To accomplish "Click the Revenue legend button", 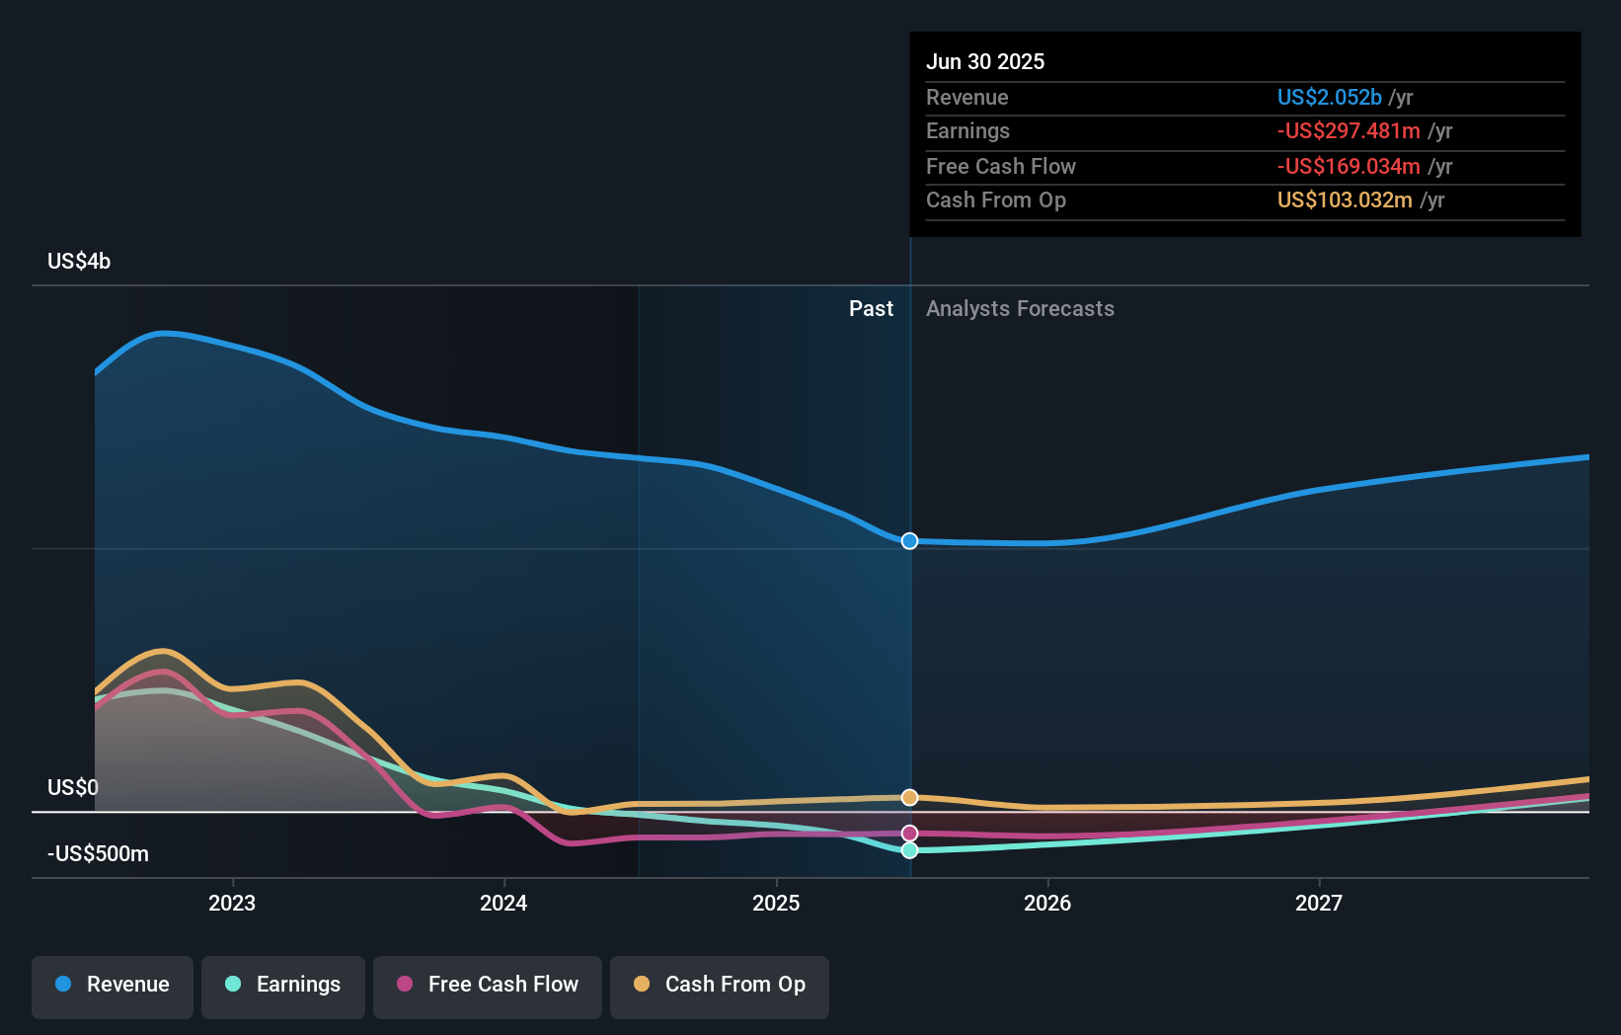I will (x=113, y=985).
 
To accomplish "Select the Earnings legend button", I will (x=283, y=985).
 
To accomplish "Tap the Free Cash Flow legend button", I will (x=488, y=985).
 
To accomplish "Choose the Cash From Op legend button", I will (x=720, y=985).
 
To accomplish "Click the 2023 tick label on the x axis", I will (x=232, y=903).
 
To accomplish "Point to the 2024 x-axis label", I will (x=503, y=903).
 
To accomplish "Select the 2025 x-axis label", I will (x=776, y=903).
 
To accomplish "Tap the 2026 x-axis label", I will (x=1047, y=903).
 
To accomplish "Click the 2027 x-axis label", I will (x=1319, y=903).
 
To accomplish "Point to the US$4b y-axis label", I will (x=79, y=262).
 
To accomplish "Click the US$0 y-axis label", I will (x=73, y=787).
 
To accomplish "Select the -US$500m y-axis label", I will (x=98, y=853).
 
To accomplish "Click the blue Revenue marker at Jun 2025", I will (x=910, y=541).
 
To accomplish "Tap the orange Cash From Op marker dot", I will (x=910, y=797).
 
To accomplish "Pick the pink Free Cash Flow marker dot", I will (x=910, y=834).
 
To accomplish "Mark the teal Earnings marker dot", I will (x=910, y=850).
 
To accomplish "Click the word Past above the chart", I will (x=871, y=309).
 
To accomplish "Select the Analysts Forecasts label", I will (x=1020, y=309).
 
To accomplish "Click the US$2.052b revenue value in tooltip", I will (x=1329, y=97).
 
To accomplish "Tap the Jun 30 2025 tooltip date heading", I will (x=985, y=61).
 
